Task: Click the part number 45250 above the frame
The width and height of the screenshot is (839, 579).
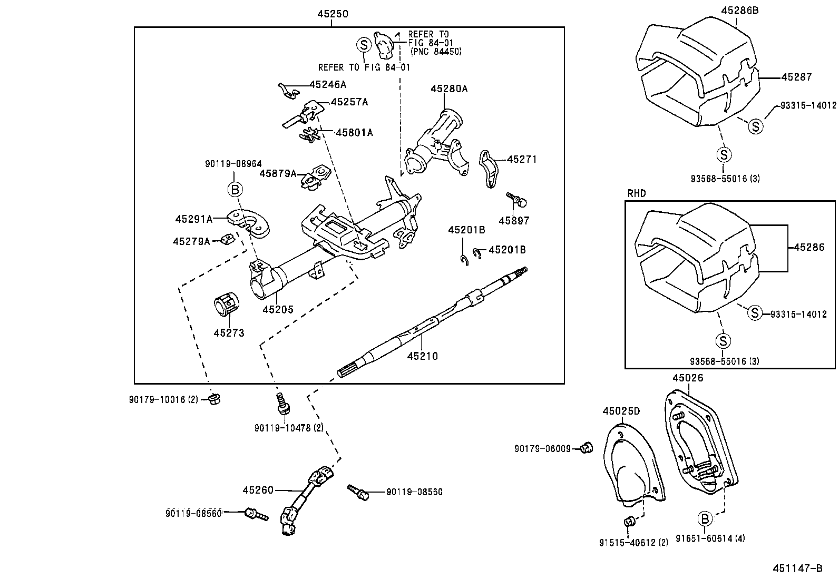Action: (333, 14)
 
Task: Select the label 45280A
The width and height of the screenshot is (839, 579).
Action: (448, 89)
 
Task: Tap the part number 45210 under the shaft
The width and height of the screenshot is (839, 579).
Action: (422, 356)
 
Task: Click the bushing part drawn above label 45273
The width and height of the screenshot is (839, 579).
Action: (226, 306)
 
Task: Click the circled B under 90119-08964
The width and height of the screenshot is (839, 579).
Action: (236, 189)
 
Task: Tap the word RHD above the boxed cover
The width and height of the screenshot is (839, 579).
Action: (636, 193)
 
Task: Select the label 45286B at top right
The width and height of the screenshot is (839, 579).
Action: (739, 10)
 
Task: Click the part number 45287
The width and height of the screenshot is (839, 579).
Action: (796, 77)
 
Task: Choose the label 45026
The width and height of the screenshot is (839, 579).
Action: (688, 378)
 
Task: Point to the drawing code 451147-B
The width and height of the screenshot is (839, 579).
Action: (797, 568)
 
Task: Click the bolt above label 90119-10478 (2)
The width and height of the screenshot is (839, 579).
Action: (282, 404)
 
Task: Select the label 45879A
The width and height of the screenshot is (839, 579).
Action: (278, 173)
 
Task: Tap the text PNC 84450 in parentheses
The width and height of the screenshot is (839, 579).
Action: (436, 51)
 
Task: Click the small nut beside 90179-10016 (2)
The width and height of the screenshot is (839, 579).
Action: (214, 399)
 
